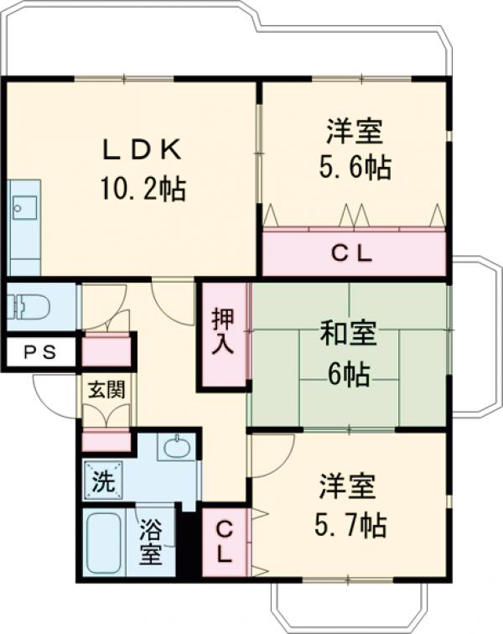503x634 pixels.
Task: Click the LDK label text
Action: coord(142,149)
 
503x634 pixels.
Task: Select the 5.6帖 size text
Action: coord(354,168)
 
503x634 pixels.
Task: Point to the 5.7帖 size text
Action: coord(350,526)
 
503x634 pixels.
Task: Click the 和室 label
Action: coord(347,335)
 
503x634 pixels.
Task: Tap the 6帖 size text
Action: coord(348,375)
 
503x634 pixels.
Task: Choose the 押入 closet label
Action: coord(223,331)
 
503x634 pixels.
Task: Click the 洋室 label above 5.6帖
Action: coord(354,132)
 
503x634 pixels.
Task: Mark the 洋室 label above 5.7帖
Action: coord(347,487)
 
